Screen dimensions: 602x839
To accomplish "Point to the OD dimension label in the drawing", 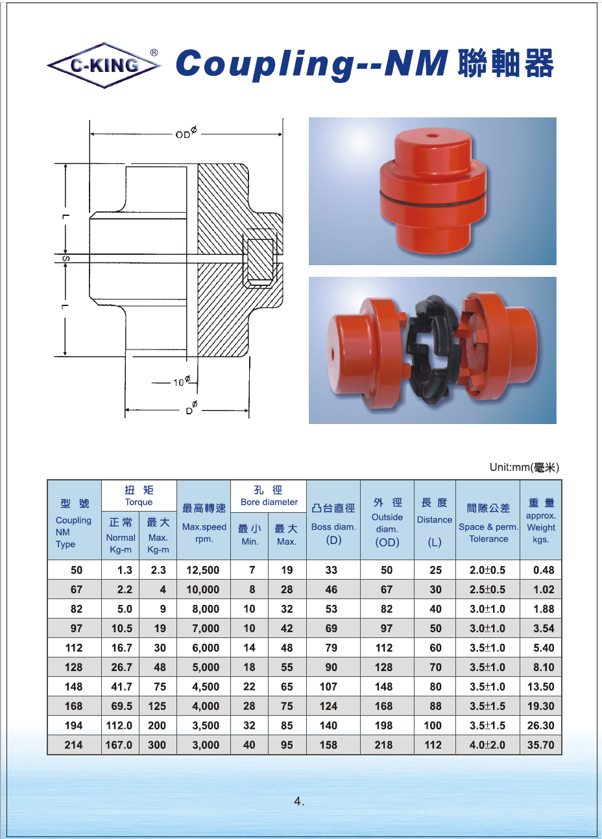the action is (x=186, y=133).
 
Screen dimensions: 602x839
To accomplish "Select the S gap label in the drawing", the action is (x=66, y=259).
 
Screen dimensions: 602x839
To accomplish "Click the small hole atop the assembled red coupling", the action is (x=434, y=136).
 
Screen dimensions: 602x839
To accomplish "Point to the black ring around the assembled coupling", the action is (x=433, y=198).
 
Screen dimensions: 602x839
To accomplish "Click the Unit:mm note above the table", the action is (x=524, y=467).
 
